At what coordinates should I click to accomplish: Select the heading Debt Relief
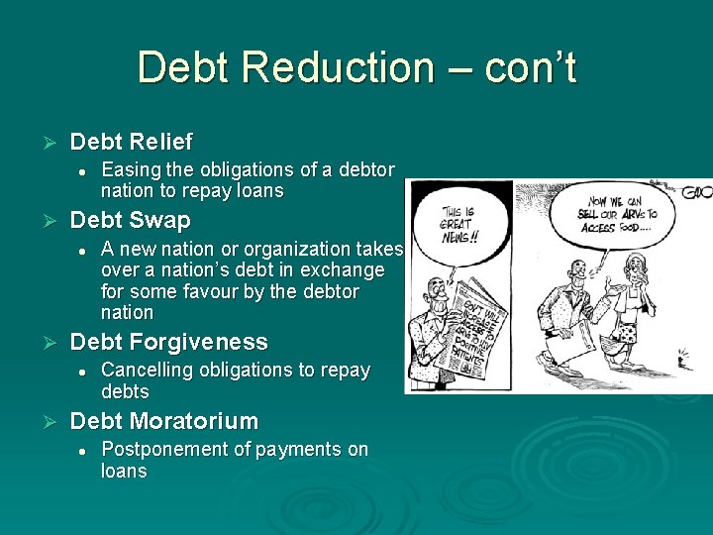pos(131,142)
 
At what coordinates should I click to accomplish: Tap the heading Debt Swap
pos(130,219)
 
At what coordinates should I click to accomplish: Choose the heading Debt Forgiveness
pos(168,342)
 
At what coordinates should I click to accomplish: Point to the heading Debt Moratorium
pos(163,421)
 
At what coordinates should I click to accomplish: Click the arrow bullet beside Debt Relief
pos(42,142)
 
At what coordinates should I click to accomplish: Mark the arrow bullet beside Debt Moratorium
pos(42,421)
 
